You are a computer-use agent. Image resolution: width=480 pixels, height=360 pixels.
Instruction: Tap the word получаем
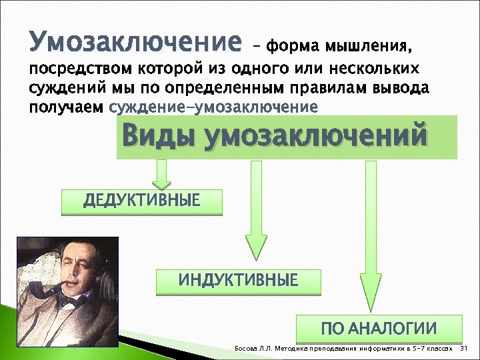67,107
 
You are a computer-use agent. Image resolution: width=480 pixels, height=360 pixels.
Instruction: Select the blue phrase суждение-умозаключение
213,107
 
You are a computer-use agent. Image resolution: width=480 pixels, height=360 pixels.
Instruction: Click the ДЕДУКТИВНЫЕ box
141,202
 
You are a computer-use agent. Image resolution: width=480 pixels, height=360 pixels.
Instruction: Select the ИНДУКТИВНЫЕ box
238,281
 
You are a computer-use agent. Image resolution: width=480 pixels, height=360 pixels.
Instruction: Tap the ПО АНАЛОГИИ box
379,329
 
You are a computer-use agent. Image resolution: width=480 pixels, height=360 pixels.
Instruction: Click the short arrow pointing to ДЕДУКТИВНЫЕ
160,175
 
